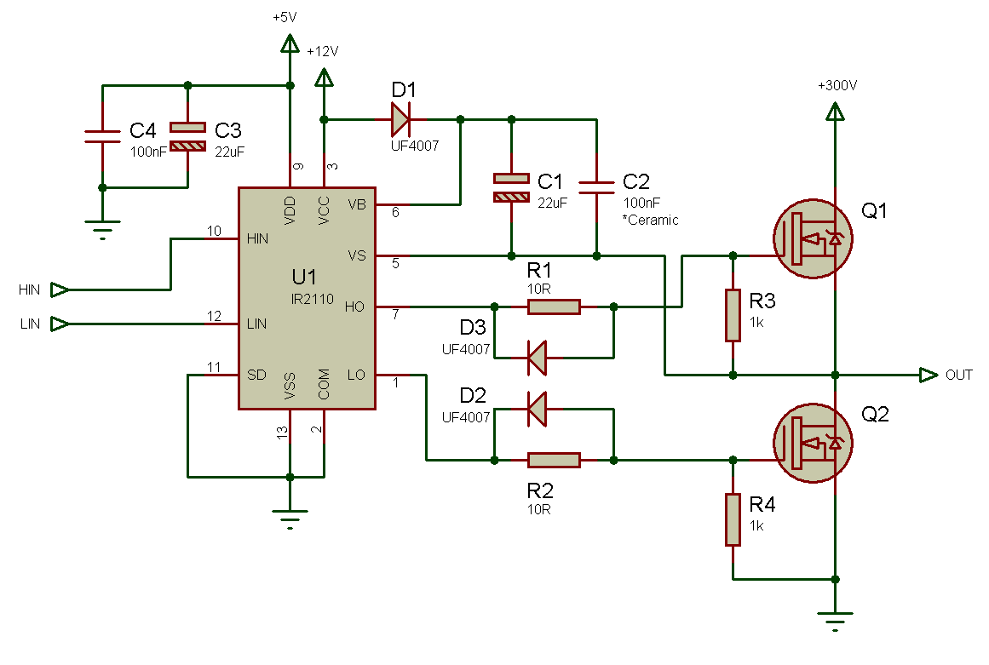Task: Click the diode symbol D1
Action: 400,119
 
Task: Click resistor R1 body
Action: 554,307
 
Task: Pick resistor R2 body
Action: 554,461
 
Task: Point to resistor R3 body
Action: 733,315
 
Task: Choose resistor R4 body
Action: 733,519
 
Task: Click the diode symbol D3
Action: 538,357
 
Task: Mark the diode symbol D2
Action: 538,409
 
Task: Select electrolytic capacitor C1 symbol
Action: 511,188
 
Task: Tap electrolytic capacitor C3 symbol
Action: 187,137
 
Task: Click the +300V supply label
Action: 837,86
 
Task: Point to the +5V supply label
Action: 285,17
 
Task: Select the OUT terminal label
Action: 958,375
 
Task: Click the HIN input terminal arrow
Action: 60,290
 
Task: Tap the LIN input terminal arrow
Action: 60,324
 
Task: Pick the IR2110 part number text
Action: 313,300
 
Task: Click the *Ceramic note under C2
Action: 650,221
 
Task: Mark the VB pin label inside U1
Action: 357,205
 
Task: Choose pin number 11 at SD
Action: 215,367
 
